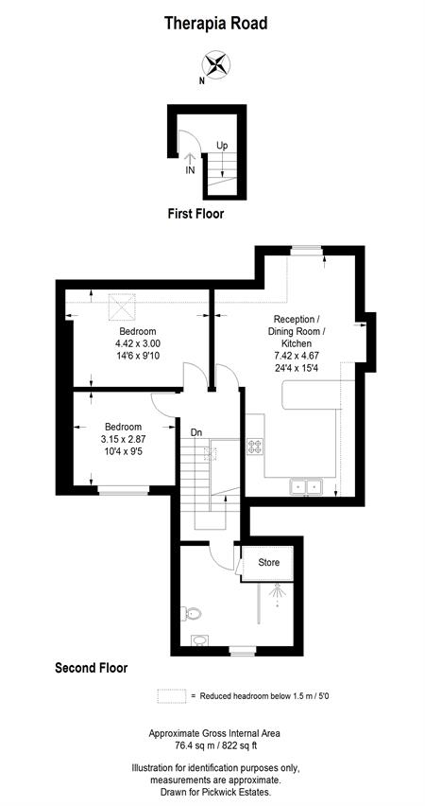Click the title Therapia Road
pyautogui.click(x=215, y=23)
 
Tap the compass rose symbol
pyautogui.click(x=215, y=65)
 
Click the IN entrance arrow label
pyautogui.click(x=190, y=170)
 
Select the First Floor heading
pyautogui.click(x=195, y=214)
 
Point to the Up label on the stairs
pyautogui.click(x=222, y=146)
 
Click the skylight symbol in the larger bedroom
pyautogui.click(x=122, y=307)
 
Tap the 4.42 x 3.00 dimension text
pyautogui.click(x=138, y=343)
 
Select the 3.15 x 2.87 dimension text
pyautogui.click(x=123, y=438)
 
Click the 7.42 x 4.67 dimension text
pyautogui.click(x=297, y=356)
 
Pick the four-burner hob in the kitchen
pyautogui.click(x=255, y=446)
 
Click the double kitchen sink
pyautogui.click(x=305, y=487)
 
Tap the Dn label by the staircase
pyautogui.click(x=196, y=433)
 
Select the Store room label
pyautogui.click(x=269, y=562)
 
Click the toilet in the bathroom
pyautogui.click(x=193, y=613)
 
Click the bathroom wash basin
pyautogui.click(x=198, y=640)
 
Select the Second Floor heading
pyautogui.click(x=92, y=668)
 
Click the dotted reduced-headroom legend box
pyautogui.click(x=172, y=696)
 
